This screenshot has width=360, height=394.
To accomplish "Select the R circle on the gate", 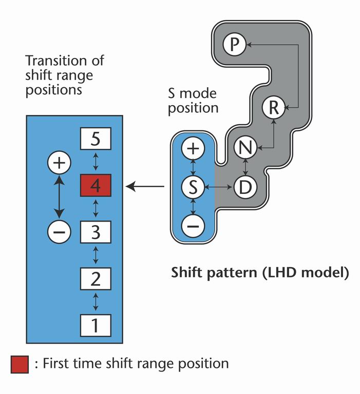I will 273,108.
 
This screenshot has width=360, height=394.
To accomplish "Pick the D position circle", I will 245,187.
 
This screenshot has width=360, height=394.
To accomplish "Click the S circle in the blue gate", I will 193,187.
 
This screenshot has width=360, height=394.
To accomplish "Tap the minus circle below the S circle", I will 193,226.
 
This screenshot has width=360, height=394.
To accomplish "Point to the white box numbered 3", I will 96,232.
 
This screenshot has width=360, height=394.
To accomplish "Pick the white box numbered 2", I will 96,280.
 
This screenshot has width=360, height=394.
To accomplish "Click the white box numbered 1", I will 96,324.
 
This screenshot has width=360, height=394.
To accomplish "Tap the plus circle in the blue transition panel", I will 59,163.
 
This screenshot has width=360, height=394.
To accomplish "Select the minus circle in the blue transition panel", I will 59,232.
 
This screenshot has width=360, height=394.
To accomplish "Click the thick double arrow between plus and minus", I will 59,198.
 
